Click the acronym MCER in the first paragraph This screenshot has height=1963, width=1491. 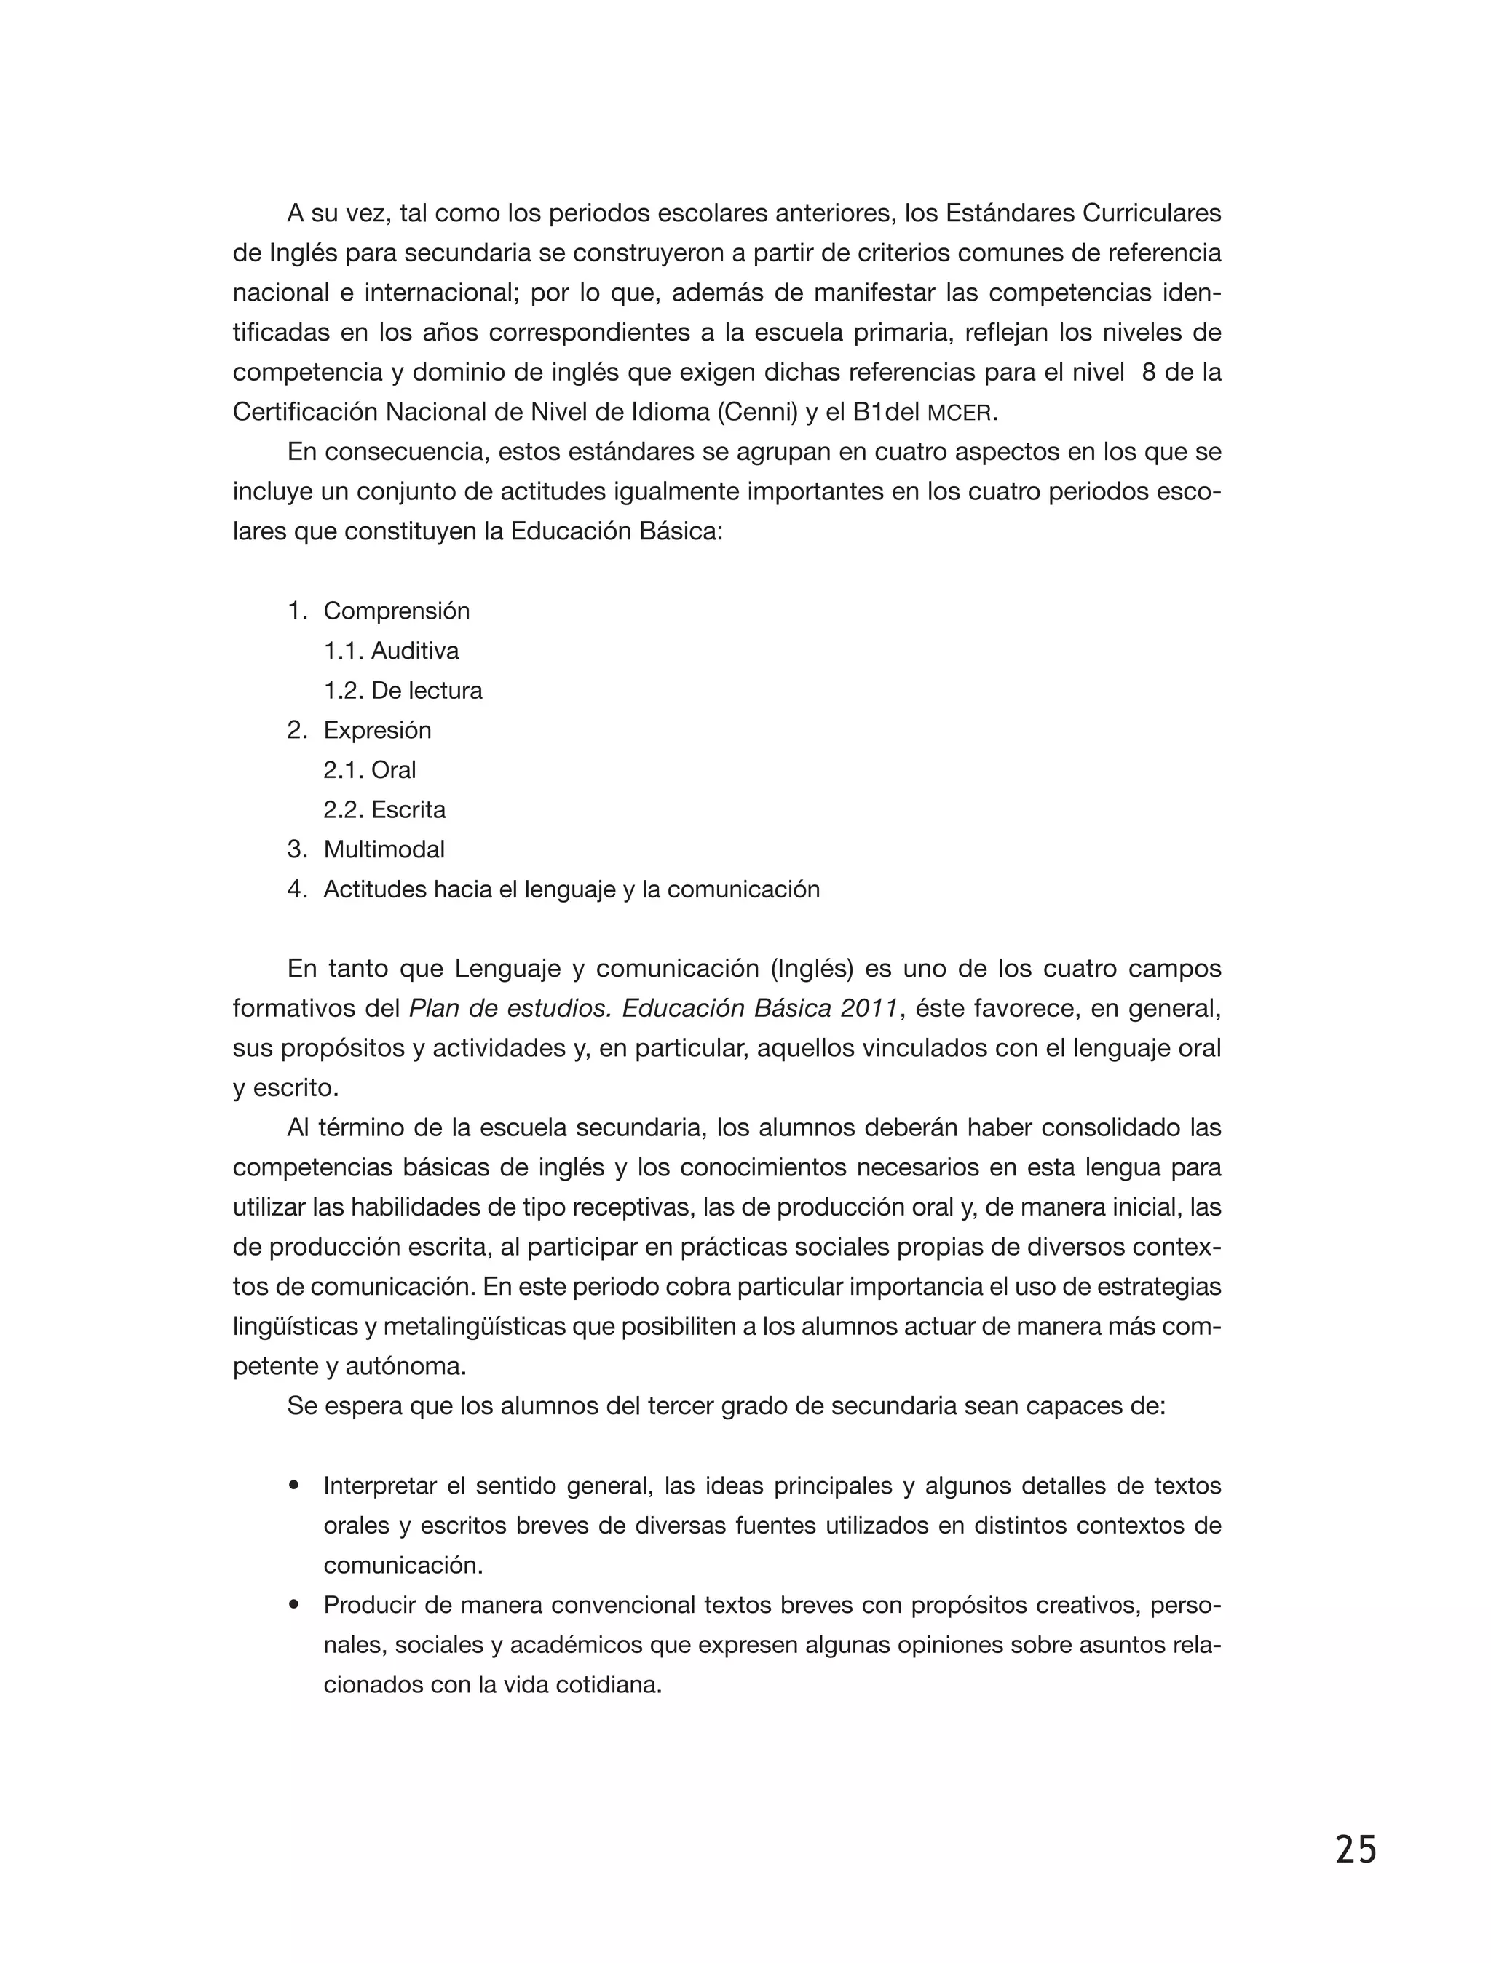960,413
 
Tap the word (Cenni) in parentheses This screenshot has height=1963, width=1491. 757,413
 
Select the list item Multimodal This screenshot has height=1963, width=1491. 384,849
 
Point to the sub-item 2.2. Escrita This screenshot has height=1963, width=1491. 384,809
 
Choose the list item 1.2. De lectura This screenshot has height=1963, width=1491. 402,691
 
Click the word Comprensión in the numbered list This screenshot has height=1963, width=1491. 396,611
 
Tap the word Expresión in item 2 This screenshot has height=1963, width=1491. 377,730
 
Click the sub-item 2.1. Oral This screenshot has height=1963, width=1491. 369,769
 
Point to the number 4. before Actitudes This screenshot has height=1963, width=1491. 296,889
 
